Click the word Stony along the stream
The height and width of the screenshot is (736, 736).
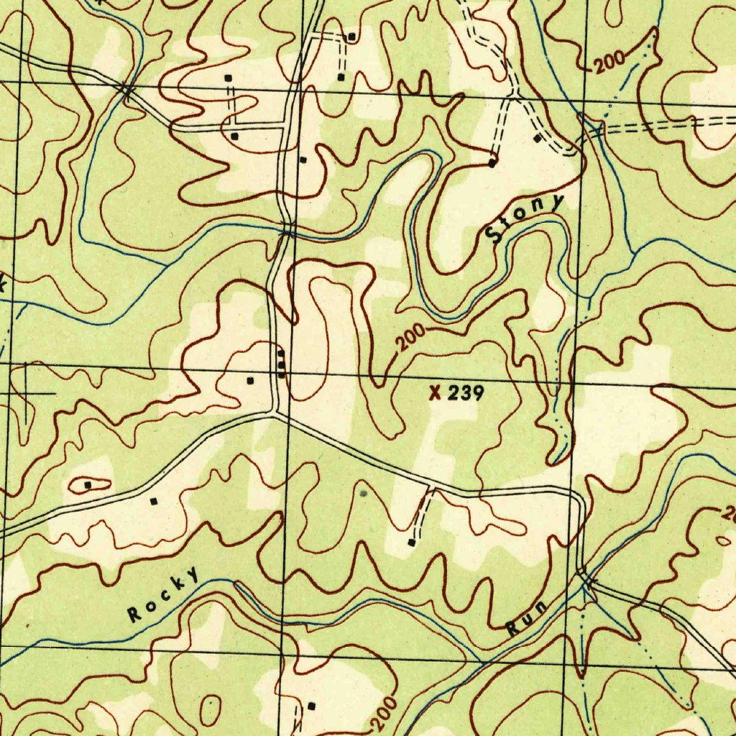525,218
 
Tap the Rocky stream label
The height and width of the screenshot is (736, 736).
163,594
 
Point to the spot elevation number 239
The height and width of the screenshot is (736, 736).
469,392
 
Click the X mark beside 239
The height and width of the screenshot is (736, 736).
434,392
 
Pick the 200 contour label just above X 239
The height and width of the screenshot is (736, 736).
410,339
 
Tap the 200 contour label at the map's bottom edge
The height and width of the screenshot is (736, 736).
385,713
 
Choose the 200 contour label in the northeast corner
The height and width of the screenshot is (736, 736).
610,64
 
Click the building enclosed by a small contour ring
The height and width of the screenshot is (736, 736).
88,485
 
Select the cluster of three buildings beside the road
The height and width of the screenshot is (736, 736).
281,364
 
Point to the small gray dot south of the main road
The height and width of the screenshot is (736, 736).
363,493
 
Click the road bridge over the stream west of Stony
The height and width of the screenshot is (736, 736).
287,231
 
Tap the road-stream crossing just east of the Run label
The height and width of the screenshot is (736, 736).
586,578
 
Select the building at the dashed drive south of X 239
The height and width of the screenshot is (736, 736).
411,542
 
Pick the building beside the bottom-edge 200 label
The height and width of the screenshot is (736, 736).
311,706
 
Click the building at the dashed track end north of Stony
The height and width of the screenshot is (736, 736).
492,162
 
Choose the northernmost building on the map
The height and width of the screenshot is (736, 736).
351,36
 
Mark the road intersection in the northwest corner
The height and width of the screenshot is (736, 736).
126,90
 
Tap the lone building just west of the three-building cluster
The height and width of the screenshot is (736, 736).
250,379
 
